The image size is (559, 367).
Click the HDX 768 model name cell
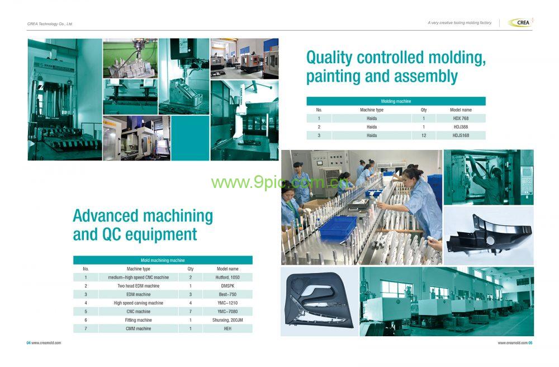point(461,119)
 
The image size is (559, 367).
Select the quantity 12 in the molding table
point(424,135)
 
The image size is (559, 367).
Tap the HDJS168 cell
point(461,135)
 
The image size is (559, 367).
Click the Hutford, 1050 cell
point(228,277)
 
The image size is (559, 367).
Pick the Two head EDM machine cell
point(138,286)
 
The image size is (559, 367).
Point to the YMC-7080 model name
point(228,312)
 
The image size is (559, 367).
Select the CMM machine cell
point(138,329)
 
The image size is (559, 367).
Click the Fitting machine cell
point(138,320)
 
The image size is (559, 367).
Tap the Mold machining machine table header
point(163,260)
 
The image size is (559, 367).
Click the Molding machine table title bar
point(396,101)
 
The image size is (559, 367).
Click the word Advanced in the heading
point(106,216)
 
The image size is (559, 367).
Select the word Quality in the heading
point(329,58)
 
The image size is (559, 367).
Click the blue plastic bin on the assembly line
point(338,228)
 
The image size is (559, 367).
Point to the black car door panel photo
point(319,302)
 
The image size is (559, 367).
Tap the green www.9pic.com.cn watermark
point(279,182)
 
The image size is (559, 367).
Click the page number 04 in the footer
point(29,343)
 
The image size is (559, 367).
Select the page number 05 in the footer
point(530,343)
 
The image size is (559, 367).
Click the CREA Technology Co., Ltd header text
point(50,24)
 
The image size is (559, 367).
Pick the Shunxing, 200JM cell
point(228,320)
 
